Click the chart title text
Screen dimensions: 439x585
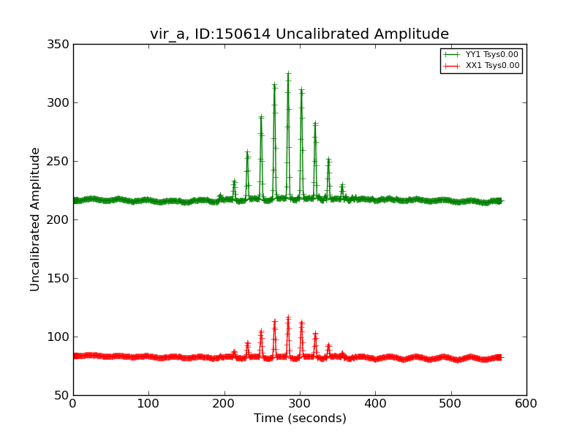coord(299,34)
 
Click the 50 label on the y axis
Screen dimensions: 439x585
coord(63,396)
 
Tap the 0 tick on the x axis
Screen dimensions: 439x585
coord(73,403)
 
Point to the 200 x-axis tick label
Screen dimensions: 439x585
coord(224,403)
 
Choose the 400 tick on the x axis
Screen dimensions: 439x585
coord(375,403)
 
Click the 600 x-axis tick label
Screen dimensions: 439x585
coord(526,403)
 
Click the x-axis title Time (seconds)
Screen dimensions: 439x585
coord(300,419)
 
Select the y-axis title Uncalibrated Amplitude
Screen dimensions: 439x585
coord(36,219)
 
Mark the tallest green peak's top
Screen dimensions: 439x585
coord(288,74)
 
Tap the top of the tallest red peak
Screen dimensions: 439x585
coord(288,318)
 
